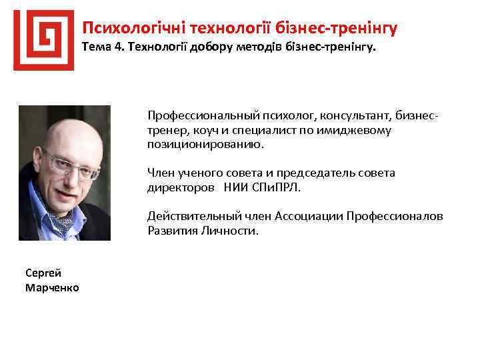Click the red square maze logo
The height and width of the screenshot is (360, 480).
click(43, 40)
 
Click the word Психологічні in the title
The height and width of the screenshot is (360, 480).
click(133, 28)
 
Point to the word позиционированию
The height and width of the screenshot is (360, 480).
click(205, 143)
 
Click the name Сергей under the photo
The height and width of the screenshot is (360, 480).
click(43, 273)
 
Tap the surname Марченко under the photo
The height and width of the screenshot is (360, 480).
click(52, 287)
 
